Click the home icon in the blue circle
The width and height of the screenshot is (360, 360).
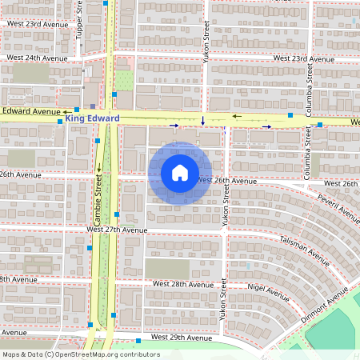pyautogui.click(x=180, y=173)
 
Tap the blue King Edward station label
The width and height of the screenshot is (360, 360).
pyautogui.click(x=92, y=118)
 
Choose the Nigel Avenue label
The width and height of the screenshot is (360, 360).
pyautogui.click(x=268, y=288)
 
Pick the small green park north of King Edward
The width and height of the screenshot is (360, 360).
pyautogui.click(x=123, y=80)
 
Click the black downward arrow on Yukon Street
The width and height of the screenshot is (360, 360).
pyautogui.click(x=203, y=122)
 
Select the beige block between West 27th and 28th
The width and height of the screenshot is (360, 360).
pyautogui.click(x=168, y=268)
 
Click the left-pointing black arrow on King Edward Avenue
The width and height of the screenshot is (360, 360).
pyautogui.click(x=236, y=116)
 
